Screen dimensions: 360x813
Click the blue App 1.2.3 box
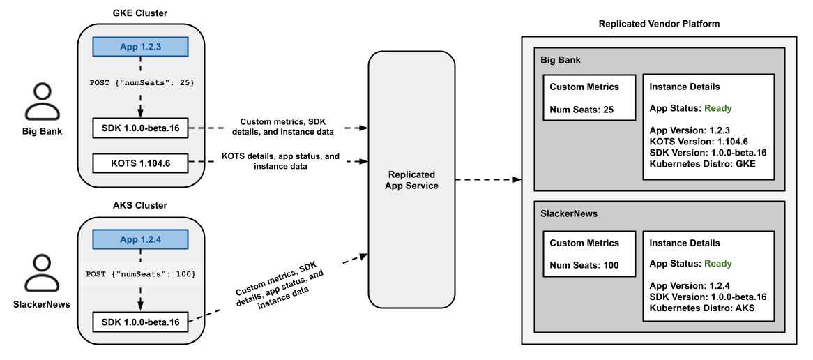coord(141,47)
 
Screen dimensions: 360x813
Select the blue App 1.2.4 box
coord(141,239)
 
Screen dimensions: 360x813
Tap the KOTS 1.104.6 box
coord(140,163)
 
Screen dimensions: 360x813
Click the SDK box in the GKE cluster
coord(140,128)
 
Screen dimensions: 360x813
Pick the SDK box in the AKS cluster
coord(140,322)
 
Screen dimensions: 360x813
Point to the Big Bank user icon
coord(43,103)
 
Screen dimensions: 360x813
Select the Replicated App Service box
coord(411,180)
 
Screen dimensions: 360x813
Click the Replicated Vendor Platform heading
coord(659,24)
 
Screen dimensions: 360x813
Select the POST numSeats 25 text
coord(142,82)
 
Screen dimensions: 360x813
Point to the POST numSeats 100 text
coord(141,274)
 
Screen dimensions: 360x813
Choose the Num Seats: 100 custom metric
coord(583,264)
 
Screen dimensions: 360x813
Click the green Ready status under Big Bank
coord(717,108)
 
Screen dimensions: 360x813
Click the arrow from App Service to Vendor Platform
coord(488,180)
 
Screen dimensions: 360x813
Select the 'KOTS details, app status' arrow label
coord(280,162)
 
